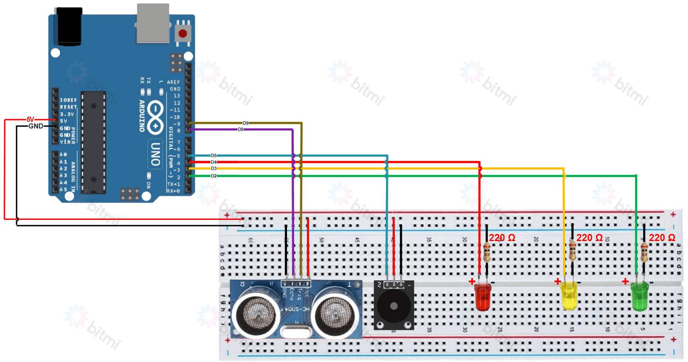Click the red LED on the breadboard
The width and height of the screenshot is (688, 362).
[x=483, y=297]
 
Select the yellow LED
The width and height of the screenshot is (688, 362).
[x=569, y=296]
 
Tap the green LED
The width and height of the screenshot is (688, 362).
[x=639, y=296]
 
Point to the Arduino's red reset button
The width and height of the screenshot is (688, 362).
[x=183, y=33]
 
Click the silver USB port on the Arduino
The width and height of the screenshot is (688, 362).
[x=153, y=23]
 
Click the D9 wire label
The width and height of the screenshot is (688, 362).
[x=246, y=123]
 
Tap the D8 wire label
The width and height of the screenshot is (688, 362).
[x=240, y=129]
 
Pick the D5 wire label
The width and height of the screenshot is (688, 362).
[x=213, y=156]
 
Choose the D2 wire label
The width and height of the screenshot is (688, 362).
[x=213, y=176]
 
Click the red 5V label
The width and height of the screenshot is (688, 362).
[x=30, y=120]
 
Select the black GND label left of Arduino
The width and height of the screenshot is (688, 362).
[x=36, y=126]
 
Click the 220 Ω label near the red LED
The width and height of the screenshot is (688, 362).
[x=502, y=238]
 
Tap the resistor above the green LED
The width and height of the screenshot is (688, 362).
[x=644, y=251]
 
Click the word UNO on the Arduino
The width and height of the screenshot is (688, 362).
[x=155, y=154]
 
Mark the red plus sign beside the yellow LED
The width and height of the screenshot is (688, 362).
[x=558, y=282]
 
